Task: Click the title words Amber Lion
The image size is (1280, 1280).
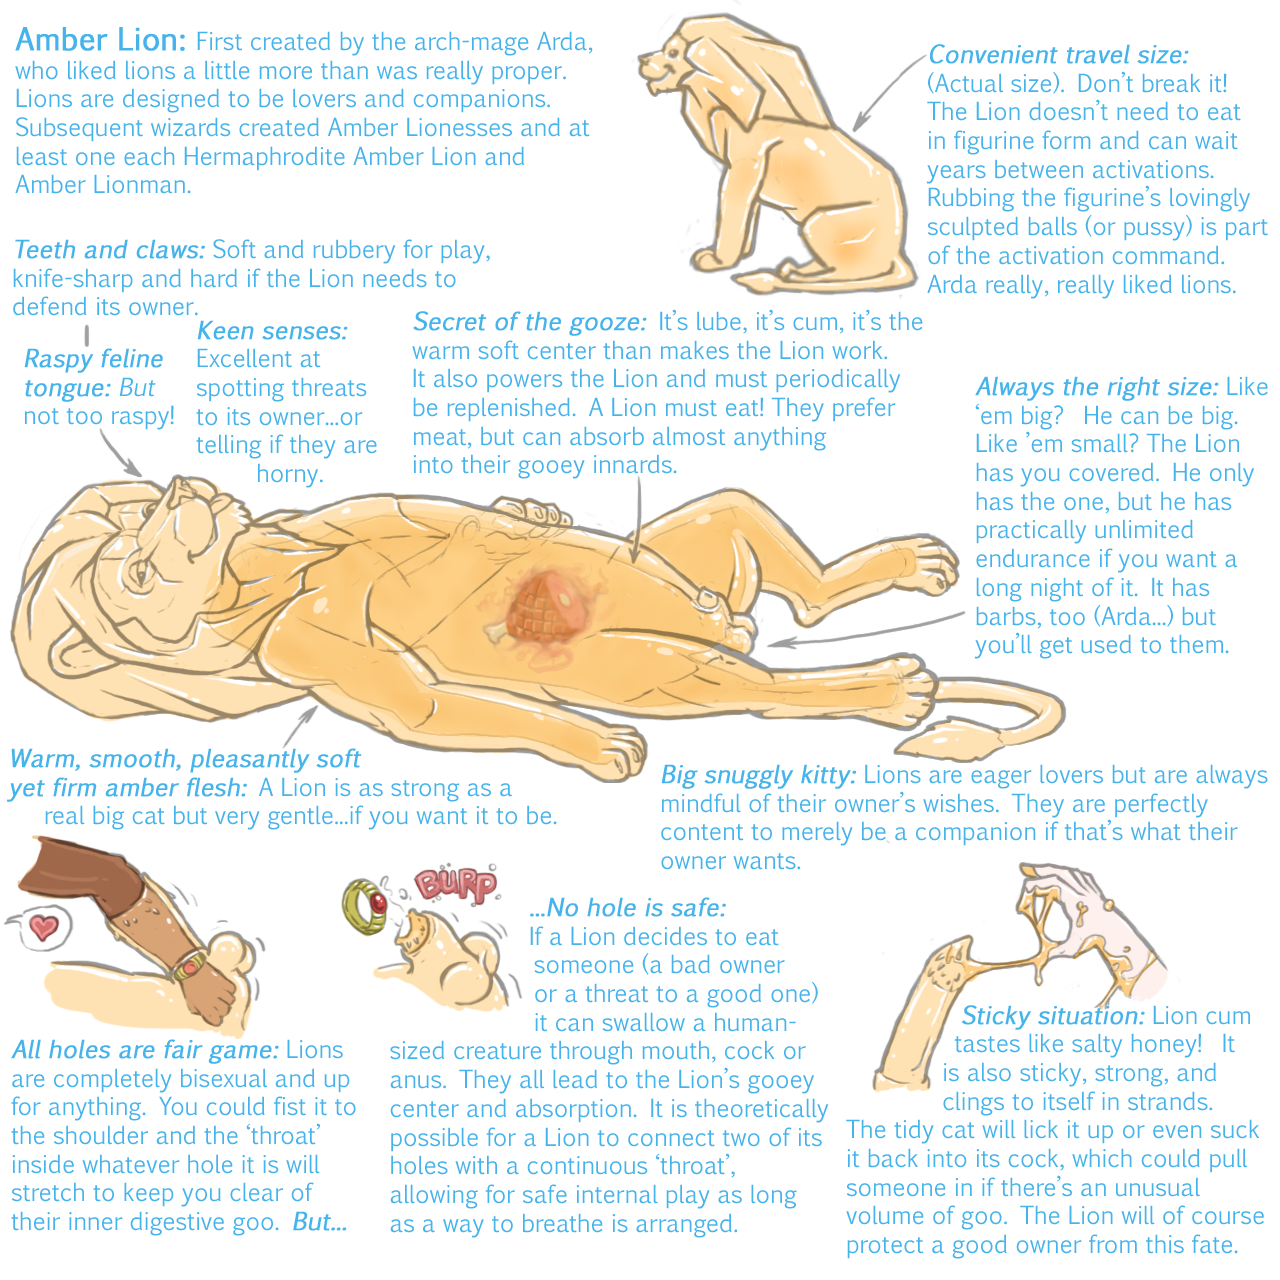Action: pyautogui.click(x=100, y=40)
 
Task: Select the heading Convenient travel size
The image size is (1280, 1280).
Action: pyautogui.click(x=1058, y=54)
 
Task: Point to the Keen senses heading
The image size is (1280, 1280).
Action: pyautogui.click(x=272, y=331)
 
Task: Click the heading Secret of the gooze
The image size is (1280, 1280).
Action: pyautogui.click(x=529, y=322)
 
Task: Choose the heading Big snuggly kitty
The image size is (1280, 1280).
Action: pyautogui.click(x=759, y=775)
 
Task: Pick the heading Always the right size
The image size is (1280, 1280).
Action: pyautogui.click(x=1097, y=387)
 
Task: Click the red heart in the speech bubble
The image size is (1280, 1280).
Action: pyautogui.click(x=44, y=927)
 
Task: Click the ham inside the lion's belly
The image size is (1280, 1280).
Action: pyautogui.click(x=539, y=608)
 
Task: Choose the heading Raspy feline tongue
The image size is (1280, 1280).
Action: pyautogui.click(x=94, y=373)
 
